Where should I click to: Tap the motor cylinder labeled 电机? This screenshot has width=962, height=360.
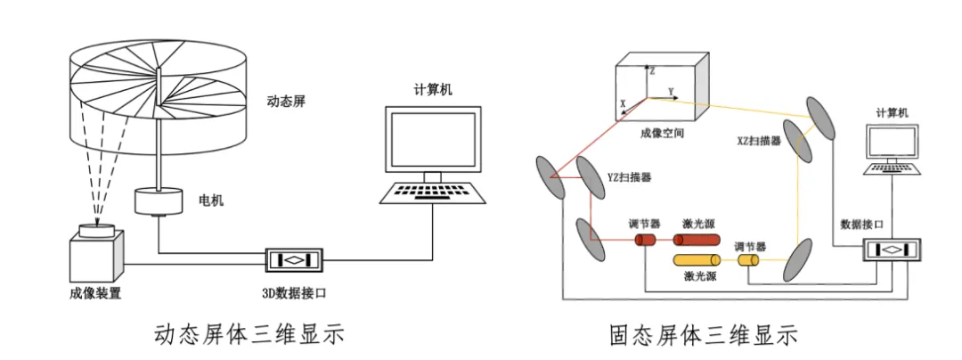(x=159, y=201)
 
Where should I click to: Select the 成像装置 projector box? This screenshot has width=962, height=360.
(x=95, y=257)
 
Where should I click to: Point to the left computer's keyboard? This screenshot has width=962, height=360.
(x=433, y=192)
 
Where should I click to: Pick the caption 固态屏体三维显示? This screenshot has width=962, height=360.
(x=703, y=335)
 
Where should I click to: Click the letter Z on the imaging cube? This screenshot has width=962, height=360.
(x=652, y=71)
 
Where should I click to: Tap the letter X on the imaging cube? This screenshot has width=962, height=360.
(x=623, y=104)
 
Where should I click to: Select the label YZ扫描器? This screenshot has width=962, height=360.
(x=629, y=177)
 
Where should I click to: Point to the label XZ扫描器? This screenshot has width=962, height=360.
(x=759, y=141)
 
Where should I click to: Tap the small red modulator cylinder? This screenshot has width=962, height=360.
(x=646, y=240)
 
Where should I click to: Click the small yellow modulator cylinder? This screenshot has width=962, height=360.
(x=748, y=261)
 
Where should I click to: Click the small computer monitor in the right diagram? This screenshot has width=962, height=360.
(x=892, y=143)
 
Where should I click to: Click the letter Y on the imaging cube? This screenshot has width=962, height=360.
(x=671, y=92)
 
